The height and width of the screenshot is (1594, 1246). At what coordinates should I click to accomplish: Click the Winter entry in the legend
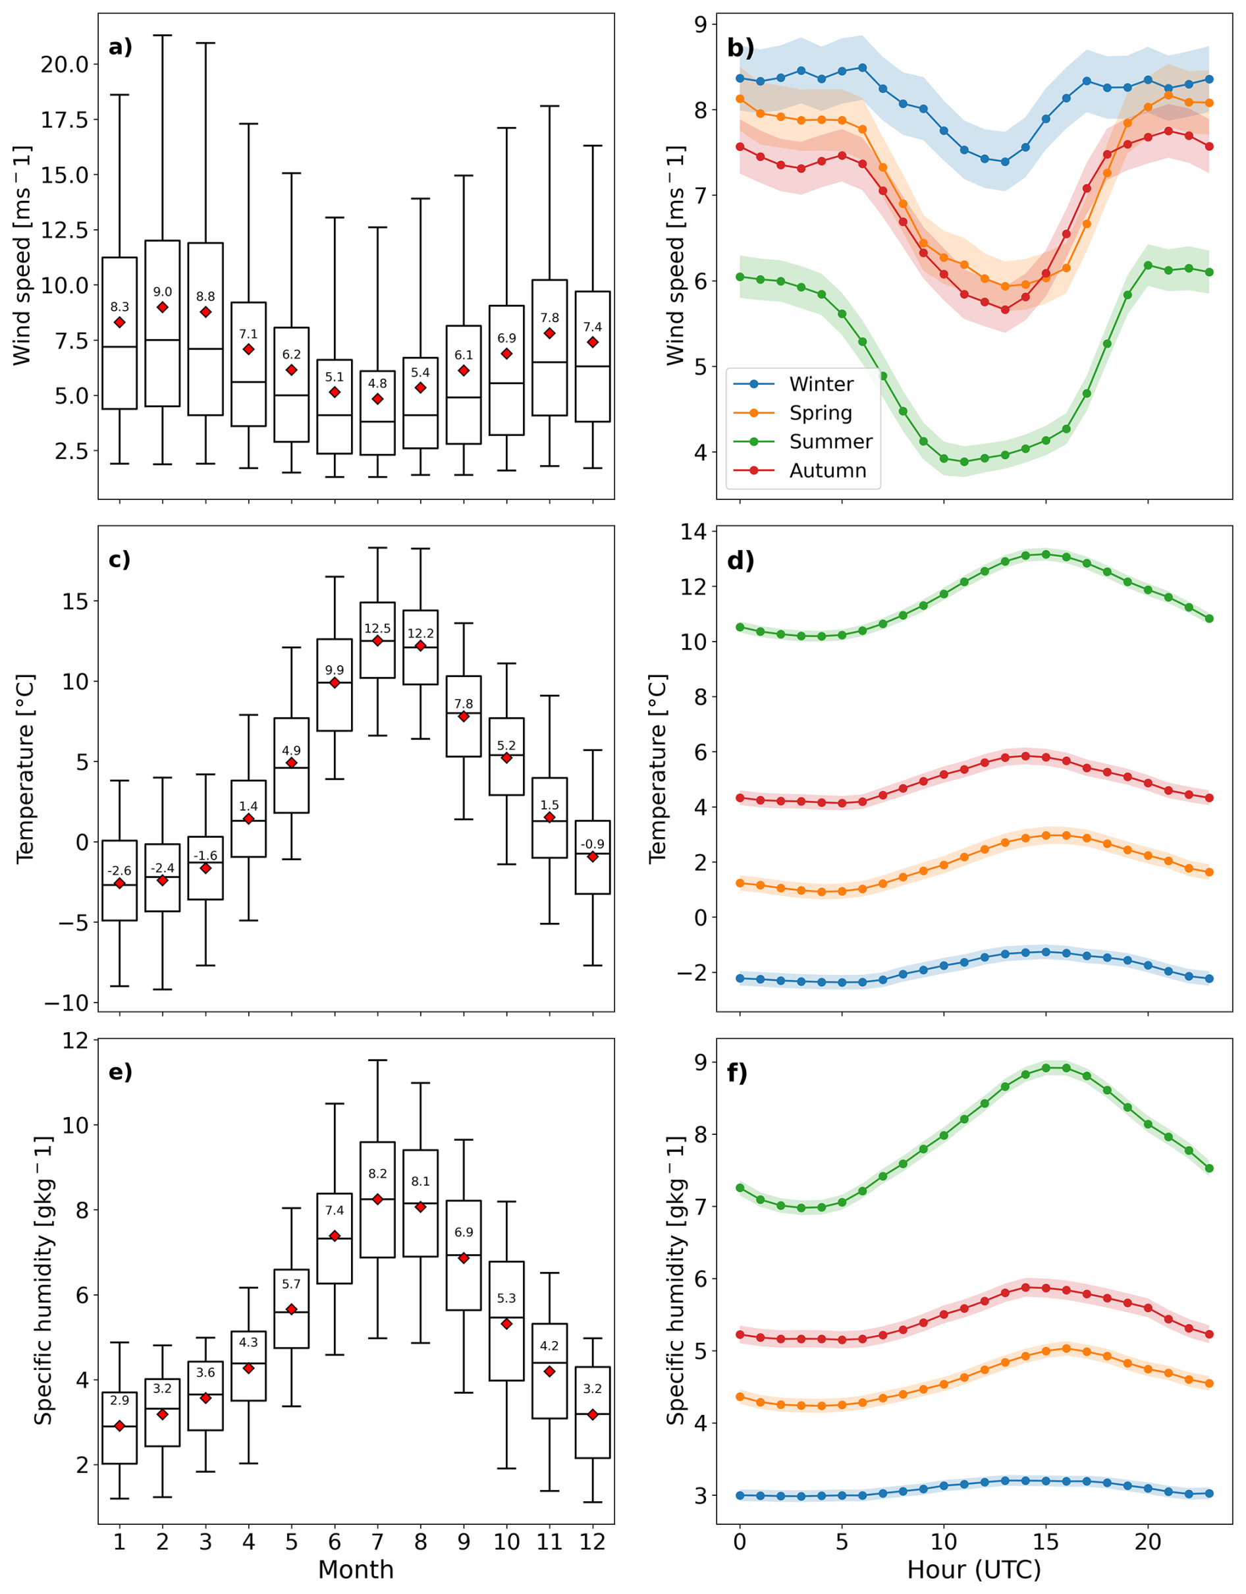[x=821, y=384]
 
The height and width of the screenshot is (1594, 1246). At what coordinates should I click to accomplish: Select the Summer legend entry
[x=830, y=441]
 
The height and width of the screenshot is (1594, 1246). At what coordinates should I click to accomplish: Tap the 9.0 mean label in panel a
[x=162, y=292]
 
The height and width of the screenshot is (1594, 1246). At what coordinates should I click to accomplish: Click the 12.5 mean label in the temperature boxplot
[x=377, y=628]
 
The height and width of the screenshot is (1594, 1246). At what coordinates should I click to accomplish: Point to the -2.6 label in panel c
[x=119, y=871]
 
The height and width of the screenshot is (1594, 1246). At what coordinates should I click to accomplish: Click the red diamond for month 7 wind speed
[x=377, y=399]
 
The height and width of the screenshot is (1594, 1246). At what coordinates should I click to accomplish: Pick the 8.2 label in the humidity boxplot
[x=377, y=1174]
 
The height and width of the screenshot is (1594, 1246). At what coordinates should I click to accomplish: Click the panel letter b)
[x=741, y=48]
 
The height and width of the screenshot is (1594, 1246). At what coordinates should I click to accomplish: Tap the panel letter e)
[x=121, y=1072]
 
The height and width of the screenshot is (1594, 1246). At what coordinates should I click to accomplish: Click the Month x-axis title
[x=356, y=1569]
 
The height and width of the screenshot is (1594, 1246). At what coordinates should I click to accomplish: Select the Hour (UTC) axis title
[x=974, y=1569]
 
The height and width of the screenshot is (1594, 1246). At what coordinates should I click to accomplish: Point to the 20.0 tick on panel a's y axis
[x=65, y=65]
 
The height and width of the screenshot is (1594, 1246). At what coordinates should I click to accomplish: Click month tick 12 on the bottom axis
[x=592, y=1541]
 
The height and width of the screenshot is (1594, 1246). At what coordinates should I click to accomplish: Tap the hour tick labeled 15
[x=1045, y=1541]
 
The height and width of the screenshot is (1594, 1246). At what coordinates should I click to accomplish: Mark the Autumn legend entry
[x=827, y=471]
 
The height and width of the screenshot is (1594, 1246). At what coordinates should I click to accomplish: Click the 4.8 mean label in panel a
[x=377, y=383]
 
